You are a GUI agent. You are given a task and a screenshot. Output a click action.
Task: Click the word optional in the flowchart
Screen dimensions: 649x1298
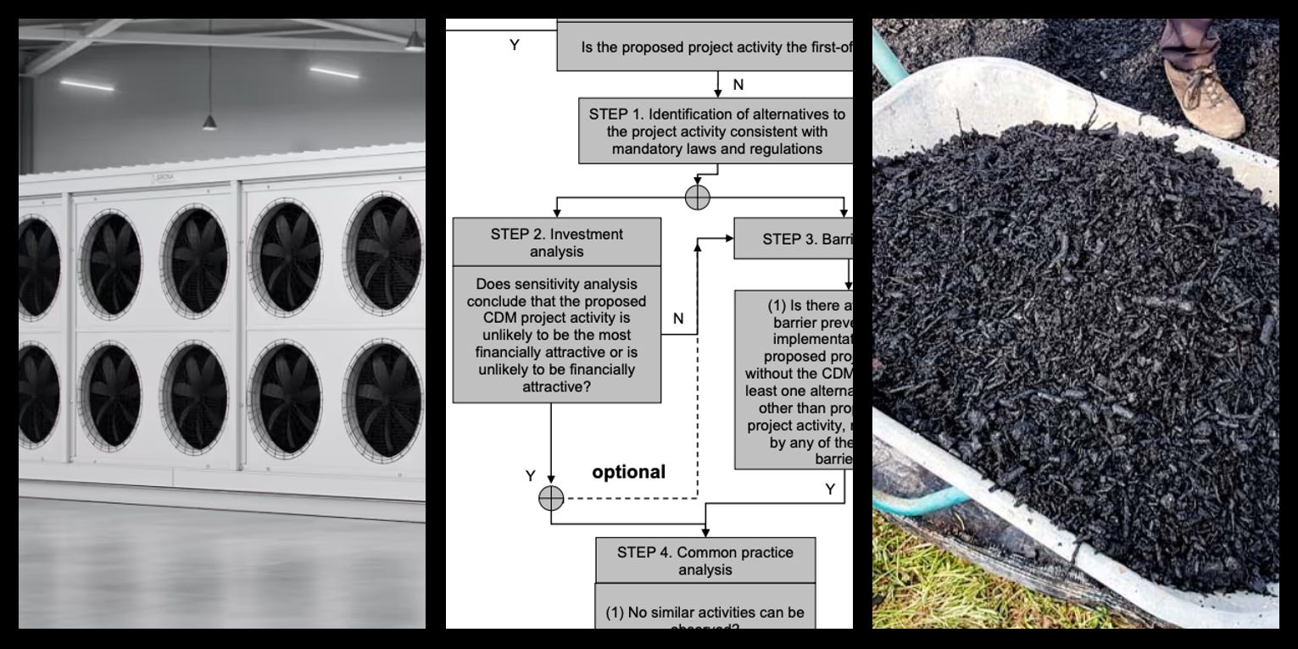tap(628, 472)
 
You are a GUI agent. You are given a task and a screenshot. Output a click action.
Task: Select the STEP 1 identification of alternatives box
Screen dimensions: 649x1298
tap(716, 131)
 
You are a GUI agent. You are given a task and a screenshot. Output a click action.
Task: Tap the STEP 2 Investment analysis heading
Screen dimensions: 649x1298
tap(556, 242)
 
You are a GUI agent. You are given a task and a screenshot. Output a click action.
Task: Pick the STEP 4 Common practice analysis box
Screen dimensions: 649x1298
tap(705, 560)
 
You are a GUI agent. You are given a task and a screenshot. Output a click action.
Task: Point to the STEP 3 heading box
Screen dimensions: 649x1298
tap(794, 239)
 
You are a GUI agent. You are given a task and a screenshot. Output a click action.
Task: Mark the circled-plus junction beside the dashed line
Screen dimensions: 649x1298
tap(551, 498)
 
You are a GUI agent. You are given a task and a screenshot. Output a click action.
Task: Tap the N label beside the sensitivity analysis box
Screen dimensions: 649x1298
tap(678, 319)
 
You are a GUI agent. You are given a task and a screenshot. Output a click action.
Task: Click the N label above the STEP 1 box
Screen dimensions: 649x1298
tap(738, 84)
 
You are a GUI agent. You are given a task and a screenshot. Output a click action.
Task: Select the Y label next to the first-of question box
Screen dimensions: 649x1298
tap(514, 45)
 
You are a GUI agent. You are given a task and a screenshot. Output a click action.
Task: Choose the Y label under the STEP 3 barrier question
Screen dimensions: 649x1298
tap(830, 489)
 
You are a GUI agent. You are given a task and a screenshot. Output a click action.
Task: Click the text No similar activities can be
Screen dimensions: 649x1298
tap(705, 613)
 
